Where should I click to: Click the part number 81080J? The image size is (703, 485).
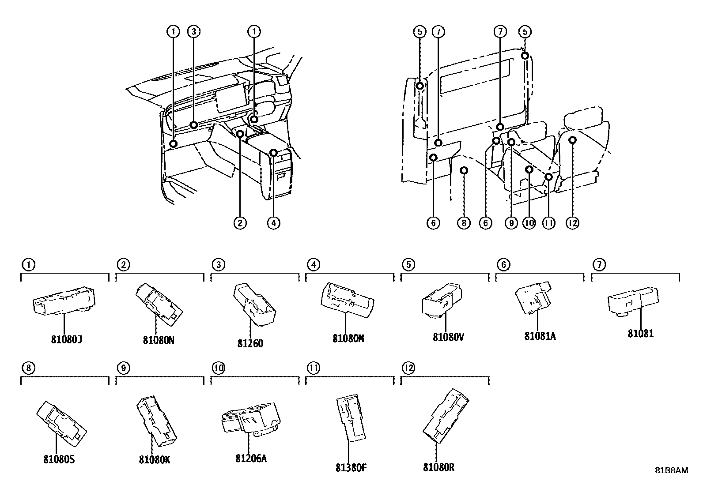coord(66,340)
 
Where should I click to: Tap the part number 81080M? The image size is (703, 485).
coord(348,338)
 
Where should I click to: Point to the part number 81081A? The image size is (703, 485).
coord(540,336)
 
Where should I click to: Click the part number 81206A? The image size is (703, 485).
coord(251,458)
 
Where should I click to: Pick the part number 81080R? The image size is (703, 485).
coord(438,467)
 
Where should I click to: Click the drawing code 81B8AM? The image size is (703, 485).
coord(671,470)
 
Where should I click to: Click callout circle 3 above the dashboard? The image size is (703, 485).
coord(194,31)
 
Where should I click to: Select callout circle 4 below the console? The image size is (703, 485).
coord(273,223)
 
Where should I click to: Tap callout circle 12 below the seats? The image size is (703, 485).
coord(572,223)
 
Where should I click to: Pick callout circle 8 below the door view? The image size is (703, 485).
coord(464,223)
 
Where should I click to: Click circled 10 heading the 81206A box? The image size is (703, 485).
coord(218,368)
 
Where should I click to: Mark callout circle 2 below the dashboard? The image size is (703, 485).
coord(240,223)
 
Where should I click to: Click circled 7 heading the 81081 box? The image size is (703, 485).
coord(599,265)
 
